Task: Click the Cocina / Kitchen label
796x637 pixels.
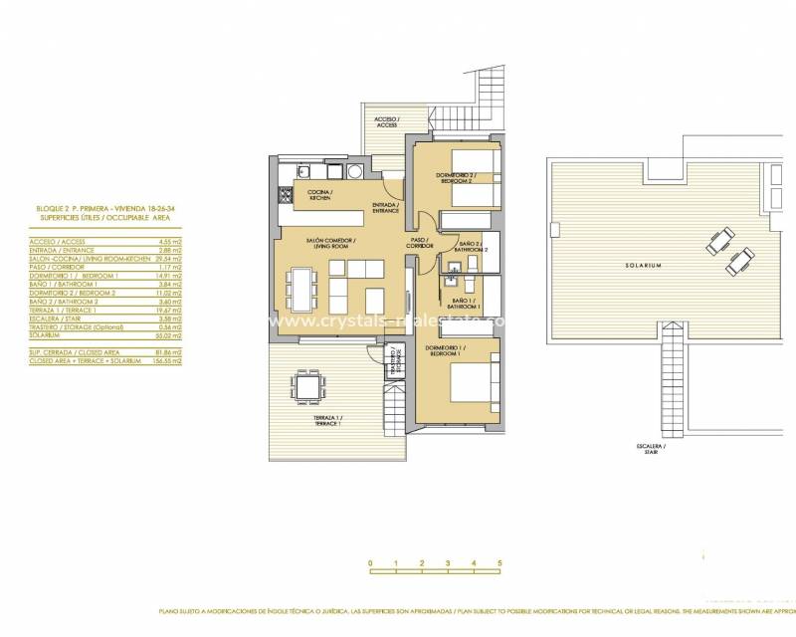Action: coord(319,195)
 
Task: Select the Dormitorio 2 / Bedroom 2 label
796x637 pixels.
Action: coord(454,179)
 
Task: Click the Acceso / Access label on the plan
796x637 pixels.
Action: coord(386,122)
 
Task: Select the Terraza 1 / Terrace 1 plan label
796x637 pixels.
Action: coord(327,421)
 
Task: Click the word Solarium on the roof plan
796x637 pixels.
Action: coord(644,266)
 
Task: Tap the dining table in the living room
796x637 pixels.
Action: coord(300,288)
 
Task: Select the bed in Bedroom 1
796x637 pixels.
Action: coord(475,383)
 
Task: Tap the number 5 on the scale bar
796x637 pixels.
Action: coord(499,564)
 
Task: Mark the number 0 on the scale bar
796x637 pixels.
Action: coord(370,564)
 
